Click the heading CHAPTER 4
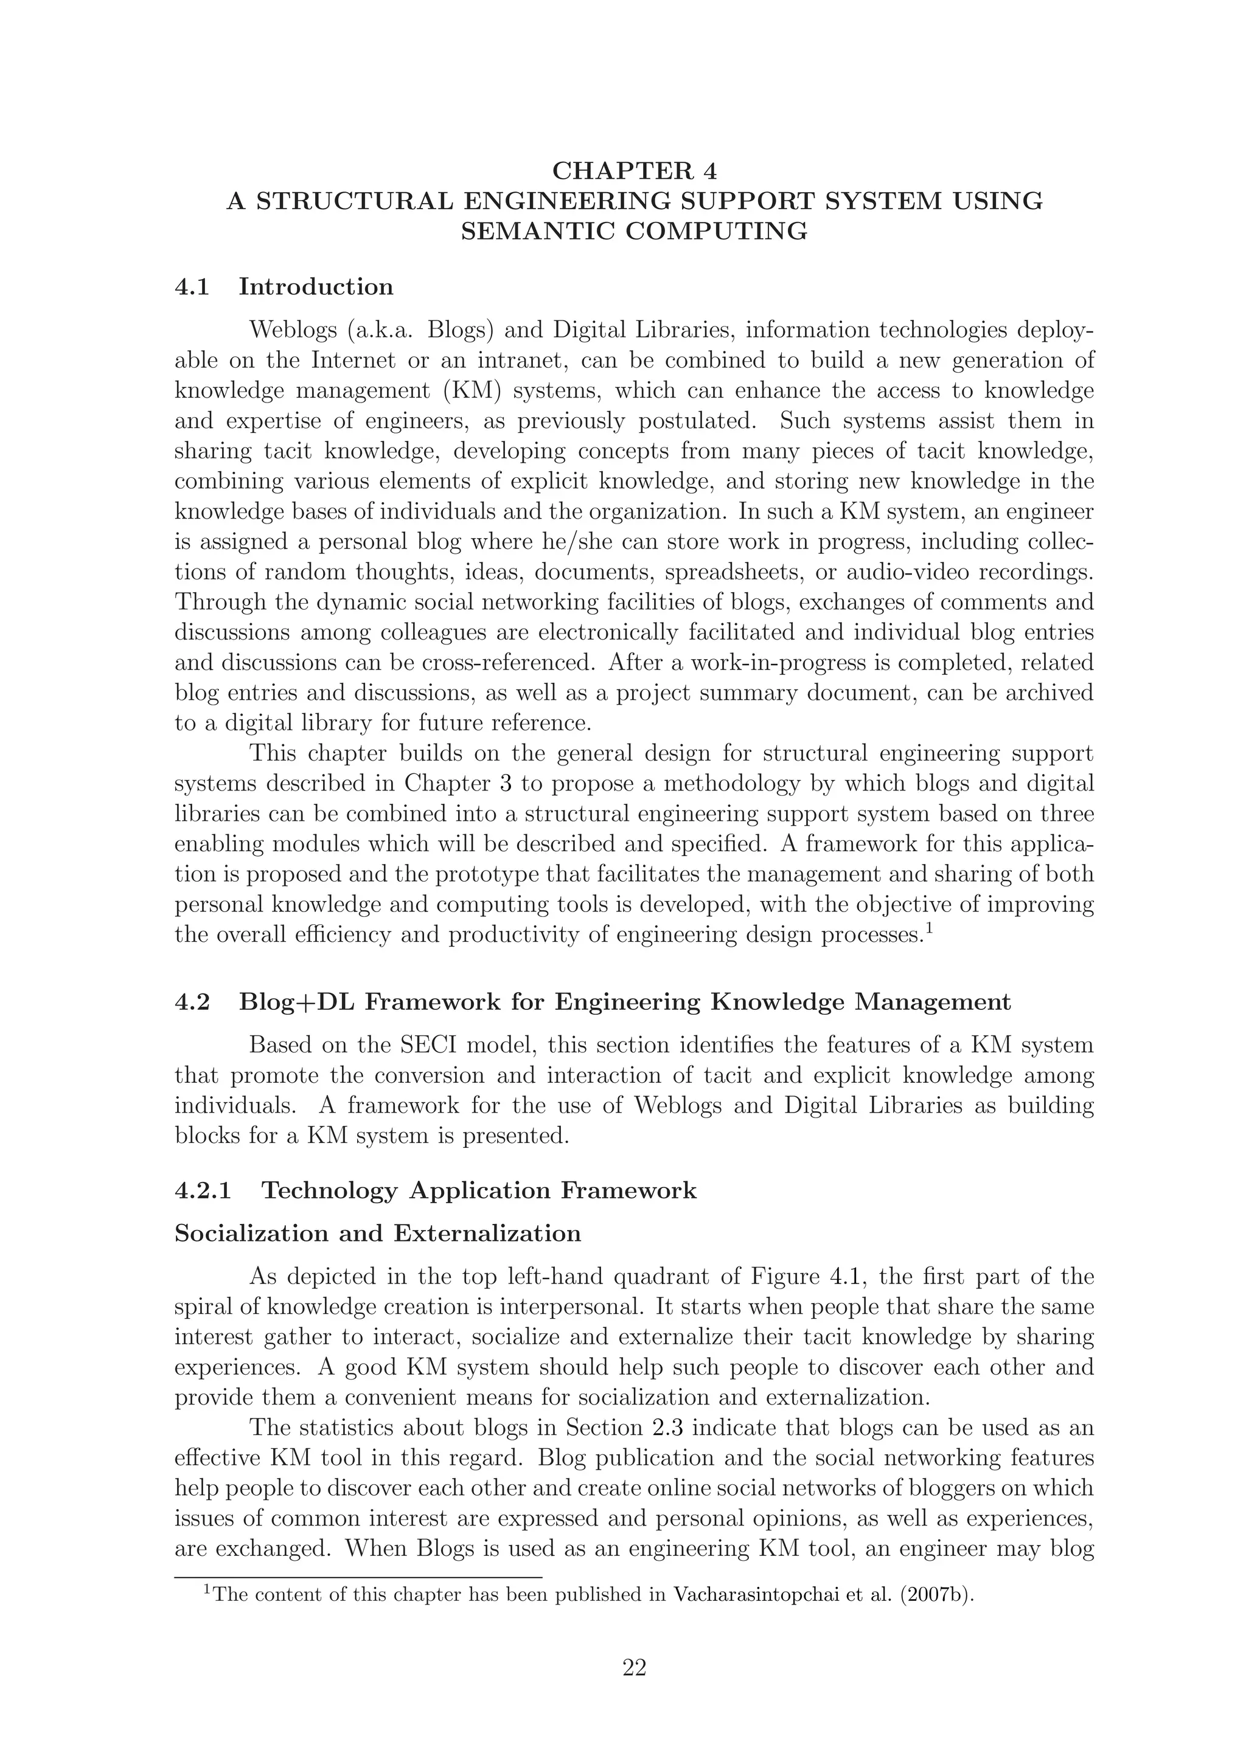tap(634, 170)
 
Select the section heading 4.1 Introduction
tap(284, 287)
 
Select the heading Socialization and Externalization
tap(378, 1233)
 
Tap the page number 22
tap(634, 1668)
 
